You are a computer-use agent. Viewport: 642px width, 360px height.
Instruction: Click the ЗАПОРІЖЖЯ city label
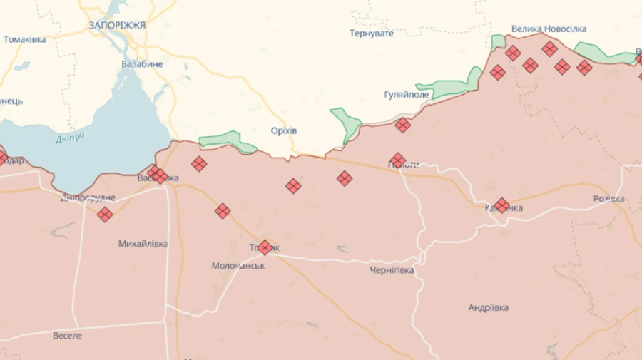click(x=117, y=25)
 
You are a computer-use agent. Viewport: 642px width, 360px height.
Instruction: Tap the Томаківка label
click(x=25, y=40)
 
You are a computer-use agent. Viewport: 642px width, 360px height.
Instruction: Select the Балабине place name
click(x=141, y=64)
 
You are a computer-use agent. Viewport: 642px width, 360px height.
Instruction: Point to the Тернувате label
click(x=371, y=34)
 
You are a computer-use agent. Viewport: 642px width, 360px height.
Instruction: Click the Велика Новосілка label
click(x=549, y=29)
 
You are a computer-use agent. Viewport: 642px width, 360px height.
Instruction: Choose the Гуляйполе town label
click(x=407, y=95)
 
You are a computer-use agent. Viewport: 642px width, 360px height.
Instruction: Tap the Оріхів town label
click(x=284, y=131)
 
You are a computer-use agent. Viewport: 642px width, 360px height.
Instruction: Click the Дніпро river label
click(x=70, y=137)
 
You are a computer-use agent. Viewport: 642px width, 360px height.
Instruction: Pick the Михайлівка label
click(x=143, y=244)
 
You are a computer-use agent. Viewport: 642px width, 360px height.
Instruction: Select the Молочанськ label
click(x=238, y=266)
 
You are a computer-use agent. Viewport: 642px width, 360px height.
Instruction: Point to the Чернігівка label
click(x=392, y=270)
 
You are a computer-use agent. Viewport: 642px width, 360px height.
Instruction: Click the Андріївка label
click(x=488, y=308)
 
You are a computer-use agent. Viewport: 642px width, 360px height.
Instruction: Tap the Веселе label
click(x=68, y=335)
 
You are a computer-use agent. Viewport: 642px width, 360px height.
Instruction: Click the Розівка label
click(x=608, y=199)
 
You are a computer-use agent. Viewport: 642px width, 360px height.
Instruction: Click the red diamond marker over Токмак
click(x=265, y=247)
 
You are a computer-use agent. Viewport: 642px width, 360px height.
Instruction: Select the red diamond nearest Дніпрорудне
click(x=105, y=214)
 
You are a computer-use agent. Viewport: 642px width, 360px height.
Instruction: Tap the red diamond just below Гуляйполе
click(x=403, y=125)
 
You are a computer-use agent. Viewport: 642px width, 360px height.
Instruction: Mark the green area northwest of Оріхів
click(x=227, y=140)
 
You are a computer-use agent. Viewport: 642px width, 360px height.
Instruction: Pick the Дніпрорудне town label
click(x=88, y=197)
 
